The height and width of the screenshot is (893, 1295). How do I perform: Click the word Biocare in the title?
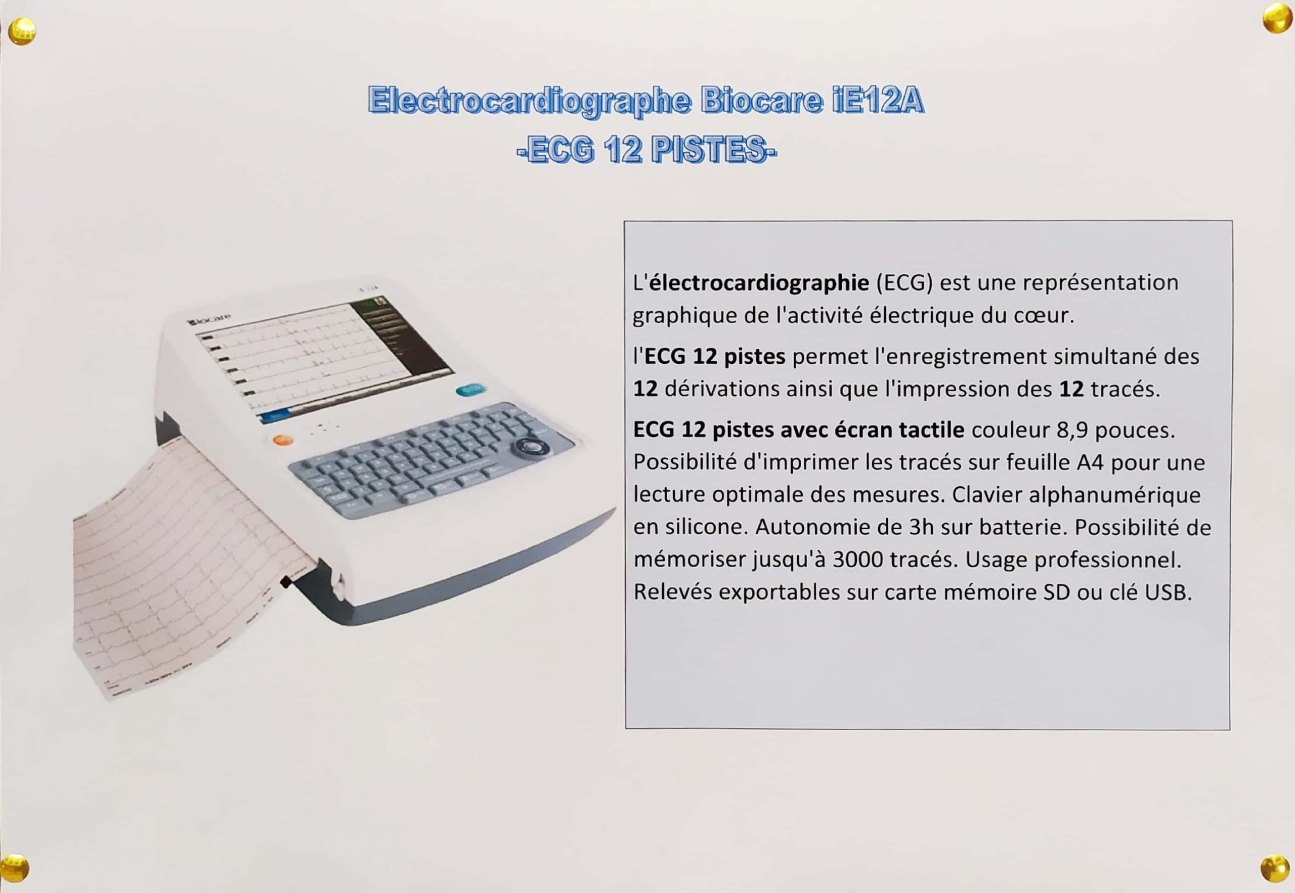coord(761,101)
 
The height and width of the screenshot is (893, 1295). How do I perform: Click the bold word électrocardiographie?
coord(759,282)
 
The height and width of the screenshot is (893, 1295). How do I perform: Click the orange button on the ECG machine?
coord(282,440)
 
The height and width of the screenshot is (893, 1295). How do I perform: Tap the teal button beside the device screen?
coord(470,390)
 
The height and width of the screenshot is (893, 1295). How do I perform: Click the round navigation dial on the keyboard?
coord(529,448)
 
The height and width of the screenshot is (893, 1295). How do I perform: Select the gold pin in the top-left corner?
coord(22,31)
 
